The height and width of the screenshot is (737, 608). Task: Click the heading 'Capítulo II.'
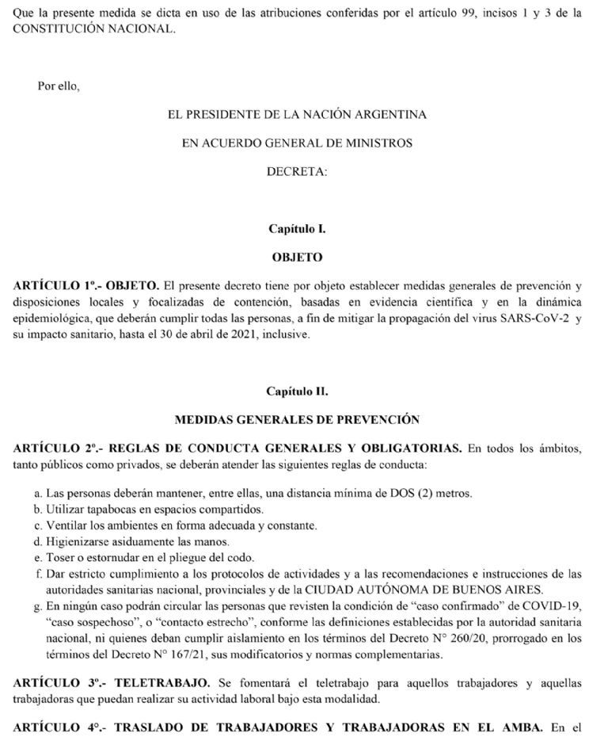coord(297,391)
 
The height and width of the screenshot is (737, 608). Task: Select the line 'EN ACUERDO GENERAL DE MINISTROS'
coord(297,143)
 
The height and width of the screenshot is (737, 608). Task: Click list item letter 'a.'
coord(39,493)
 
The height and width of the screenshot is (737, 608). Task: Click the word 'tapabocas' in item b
coord(103,509)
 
